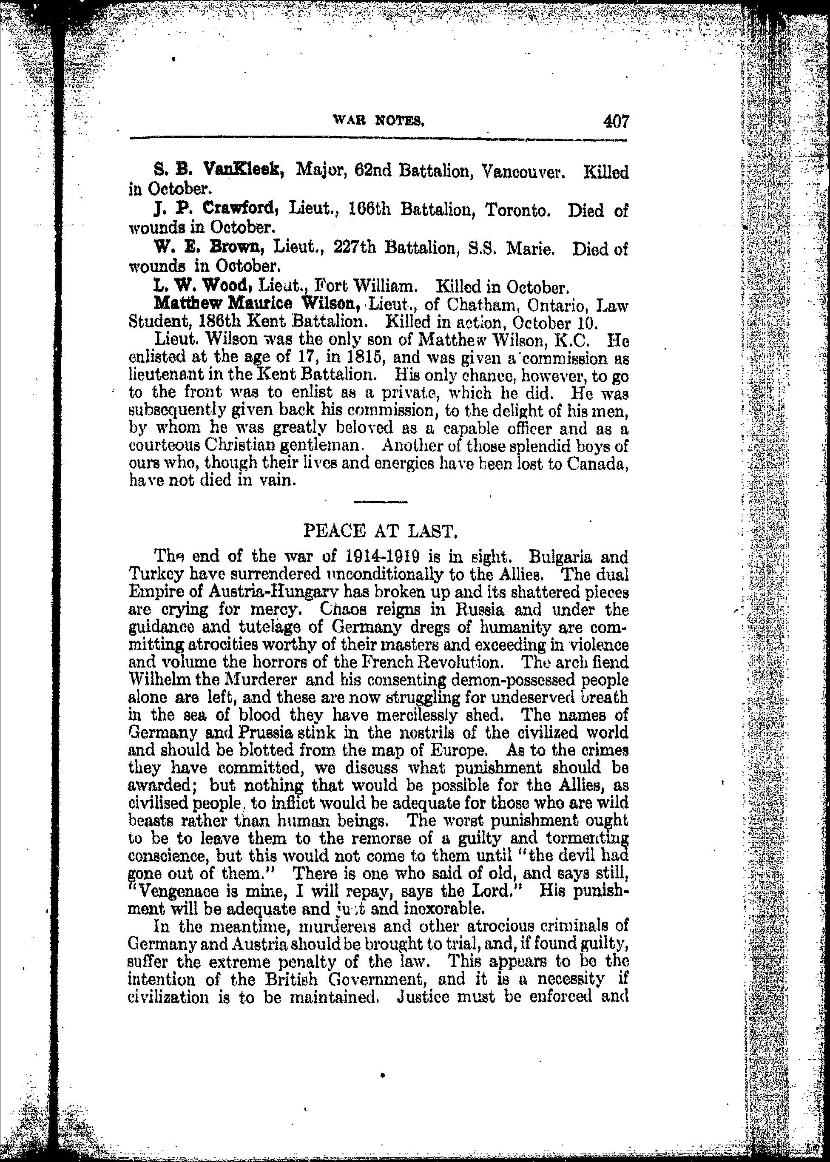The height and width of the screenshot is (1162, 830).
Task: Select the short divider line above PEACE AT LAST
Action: click(380, 502)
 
